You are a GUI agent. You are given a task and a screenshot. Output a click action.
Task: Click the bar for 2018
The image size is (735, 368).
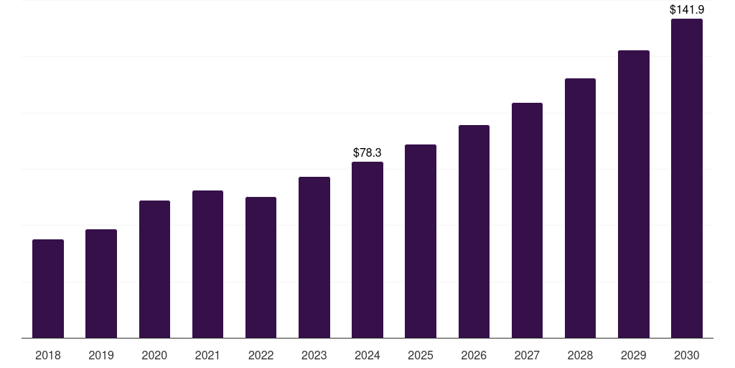click(x=48, y=288)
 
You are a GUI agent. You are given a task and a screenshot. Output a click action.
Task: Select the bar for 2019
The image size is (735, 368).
click(x=101, y=283)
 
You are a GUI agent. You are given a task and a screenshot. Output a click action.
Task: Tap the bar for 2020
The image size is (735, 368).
click(x=154, y=269)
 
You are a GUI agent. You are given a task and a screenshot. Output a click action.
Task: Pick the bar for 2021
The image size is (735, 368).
click(x=207, y=264)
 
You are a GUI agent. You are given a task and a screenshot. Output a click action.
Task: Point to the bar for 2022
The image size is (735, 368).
click(x=261, y=267)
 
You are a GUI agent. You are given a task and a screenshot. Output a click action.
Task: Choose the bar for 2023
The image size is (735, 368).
click(x=314, y=257)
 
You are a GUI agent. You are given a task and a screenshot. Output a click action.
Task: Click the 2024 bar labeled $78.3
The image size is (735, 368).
click(x=367, y=249)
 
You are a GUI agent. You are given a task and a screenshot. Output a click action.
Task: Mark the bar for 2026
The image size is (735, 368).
click(x=474, y=231)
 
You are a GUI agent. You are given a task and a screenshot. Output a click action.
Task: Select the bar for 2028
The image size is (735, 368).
click(x=580, y=208)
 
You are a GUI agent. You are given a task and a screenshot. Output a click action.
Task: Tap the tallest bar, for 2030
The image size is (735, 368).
click(x=687, y=178)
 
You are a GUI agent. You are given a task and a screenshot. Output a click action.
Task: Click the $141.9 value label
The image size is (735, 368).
click(x=687, y=10)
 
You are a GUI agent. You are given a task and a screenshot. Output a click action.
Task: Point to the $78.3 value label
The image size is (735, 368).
click(x=367, y=153)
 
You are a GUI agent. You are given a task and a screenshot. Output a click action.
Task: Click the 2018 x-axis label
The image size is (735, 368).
click(x=48, y=355)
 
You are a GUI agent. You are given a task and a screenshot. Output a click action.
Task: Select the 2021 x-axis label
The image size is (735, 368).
click(x=207, y=355)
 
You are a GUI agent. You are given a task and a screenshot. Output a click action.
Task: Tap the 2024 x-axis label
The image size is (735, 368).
click(x=367, y=355)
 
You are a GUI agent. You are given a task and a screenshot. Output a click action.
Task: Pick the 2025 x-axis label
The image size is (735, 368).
click(x=421, y=355)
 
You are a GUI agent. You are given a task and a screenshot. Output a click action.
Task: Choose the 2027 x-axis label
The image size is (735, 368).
click(x=527, y=355)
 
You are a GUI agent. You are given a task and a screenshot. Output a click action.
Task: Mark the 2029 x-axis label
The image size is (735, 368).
click(x=634, y=355)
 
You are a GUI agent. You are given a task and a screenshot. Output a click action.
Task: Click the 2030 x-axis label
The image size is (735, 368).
click(x=687, y=355)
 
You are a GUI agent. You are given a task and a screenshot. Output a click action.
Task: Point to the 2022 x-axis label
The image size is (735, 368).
click(x=261, y=355)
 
